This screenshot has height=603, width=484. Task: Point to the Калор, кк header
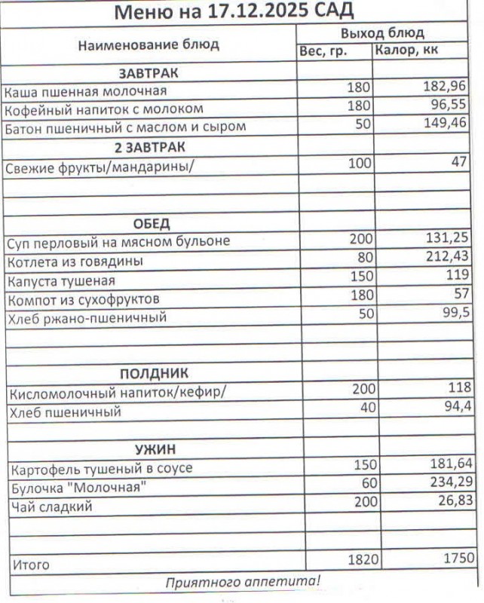click(406, 51)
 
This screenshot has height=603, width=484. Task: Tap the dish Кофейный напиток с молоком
click(104, 109)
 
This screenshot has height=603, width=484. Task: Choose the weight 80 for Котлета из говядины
click(363, 260)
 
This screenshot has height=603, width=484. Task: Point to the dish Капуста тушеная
click(61, 281)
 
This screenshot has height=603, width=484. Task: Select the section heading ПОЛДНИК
click(153, 374)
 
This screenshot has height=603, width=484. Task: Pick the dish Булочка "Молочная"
click(77, 488)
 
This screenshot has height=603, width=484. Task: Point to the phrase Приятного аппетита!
click(244, 582)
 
